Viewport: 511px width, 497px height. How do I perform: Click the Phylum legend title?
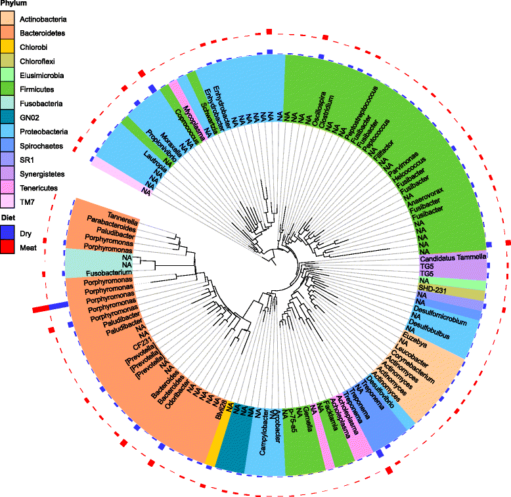tap(13, 3)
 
